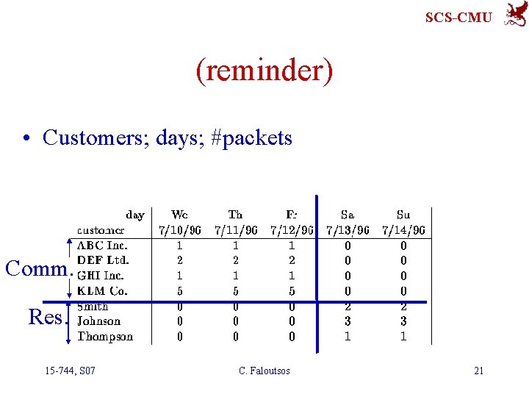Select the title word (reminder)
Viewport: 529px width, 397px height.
pyautogui.click(x=264, y=71)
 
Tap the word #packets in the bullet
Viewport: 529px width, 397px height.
pyautogui.click(x=251, y=137)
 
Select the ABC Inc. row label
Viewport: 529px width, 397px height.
pyautogui.click(x=102, y=246)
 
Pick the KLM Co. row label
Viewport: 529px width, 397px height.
pyautogui.click(x=102, y=291)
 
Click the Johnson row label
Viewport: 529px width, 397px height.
pyautogui.click(x=99, y=321)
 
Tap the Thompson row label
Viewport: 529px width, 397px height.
pyautogui.click(x=105, y=337)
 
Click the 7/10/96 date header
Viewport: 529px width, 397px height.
pyautogui.click(x=180, y=230)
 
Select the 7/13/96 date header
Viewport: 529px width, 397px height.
pyautogui.click(x=348, y=230)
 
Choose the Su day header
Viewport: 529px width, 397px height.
pyautogui.click(x=403, y=215)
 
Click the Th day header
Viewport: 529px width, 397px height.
pyautogui.click(x=235, y=215)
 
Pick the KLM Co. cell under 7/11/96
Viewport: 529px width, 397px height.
pyautogui.click(x=235, y=291)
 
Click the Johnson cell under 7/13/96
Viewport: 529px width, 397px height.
pyautogui.click(x=348, y=321)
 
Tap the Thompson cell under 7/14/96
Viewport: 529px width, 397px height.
pyautogui.click(x=403, y=337)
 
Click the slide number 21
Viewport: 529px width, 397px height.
pyautogui.click(x=478, y=371)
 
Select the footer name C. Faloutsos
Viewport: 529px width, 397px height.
pyautogui.click(x=264, y=371)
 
